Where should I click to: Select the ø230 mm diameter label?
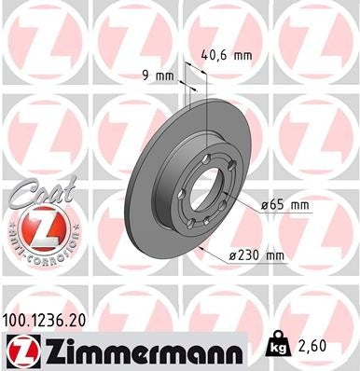(x=256, y=254)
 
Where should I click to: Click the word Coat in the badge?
(x=30, y=193)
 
